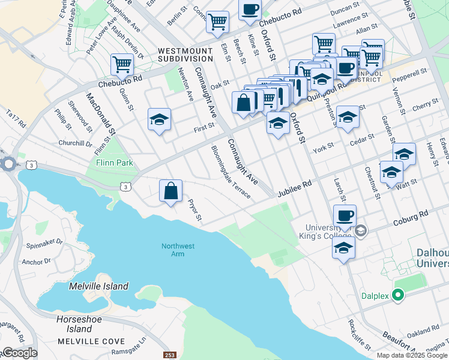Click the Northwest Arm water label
coord(178,250)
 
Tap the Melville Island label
coord(98,286)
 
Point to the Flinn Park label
coord(114,163)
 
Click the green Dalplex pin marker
coord(397,295)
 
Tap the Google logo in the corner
coord(19,353)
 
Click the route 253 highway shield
coord(169,355)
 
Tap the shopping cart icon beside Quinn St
coord(122,64)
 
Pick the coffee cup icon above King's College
coord(345,215)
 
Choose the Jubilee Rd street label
coord(294,190)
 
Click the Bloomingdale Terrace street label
coord(231,172)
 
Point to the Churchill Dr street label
coord(75,144)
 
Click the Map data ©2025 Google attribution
coord(412,355)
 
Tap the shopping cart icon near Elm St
coord(217,22)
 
